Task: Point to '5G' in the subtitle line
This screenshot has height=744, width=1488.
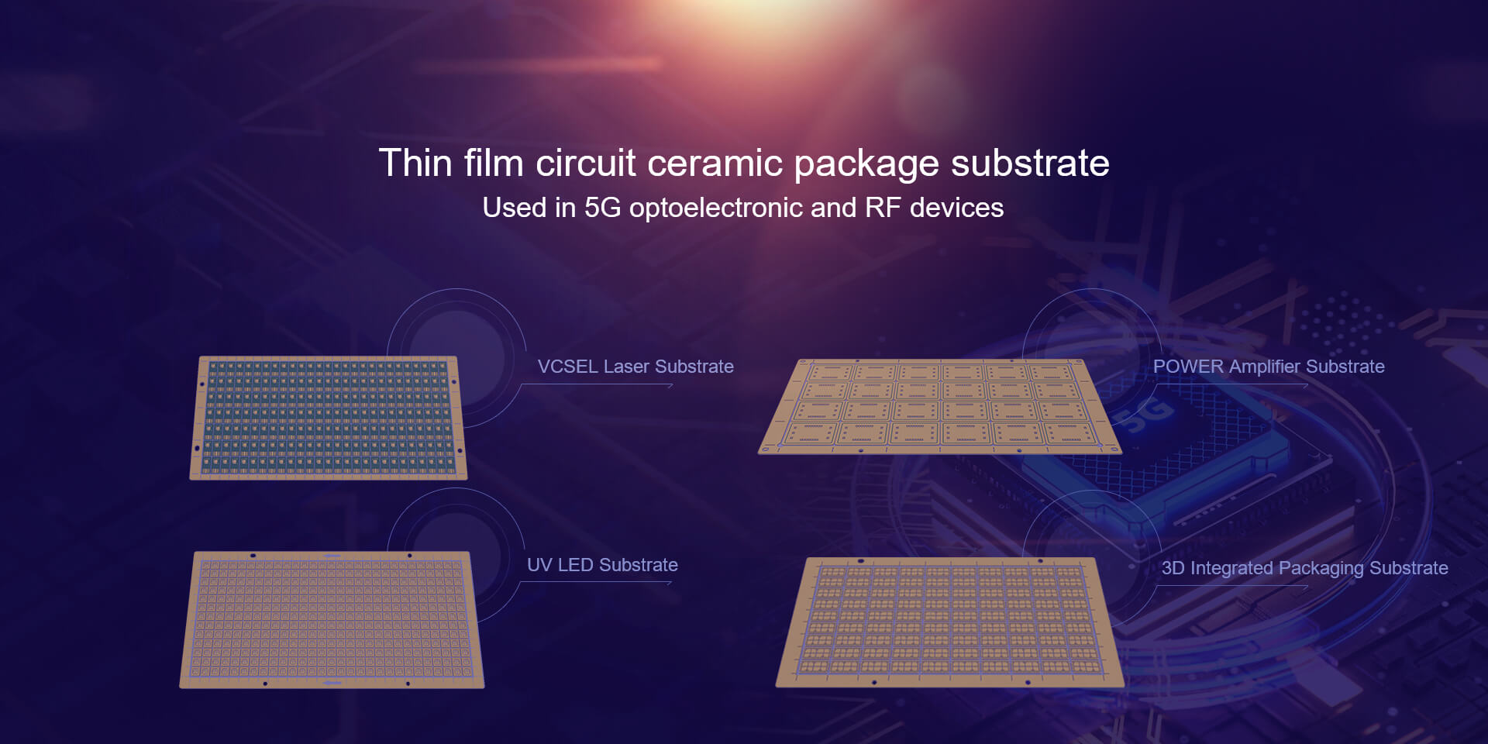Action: click(602, 208)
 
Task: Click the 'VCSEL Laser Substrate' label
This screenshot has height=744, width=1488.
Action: click(635, 367)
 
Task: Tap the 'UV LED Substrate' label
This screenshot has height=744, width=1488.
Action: click(602, 565)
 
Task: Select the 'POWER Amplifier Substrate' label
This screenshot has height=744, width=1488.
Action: click(1269, 367)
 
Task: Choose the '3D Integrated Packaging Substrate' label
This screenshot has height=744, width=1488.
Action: click(1304, 568)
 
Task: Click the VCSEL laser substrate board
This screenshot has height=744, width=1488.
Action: click(328, 418)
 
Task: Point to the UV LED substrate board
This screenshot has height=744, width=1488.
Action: click(332, 619)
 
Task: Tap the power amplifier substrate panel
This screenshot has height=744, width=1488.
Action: click(939, 406)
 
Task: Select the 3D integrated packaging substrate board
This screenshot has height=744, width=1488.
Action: click(949, 622)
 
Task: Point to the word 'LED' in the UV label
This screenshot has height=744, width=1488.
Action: click(574, 565)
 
